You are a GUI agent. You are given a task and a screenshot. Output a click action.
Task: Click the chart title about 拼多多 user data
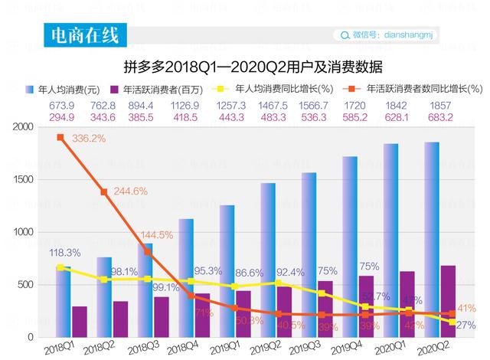coord(253,65)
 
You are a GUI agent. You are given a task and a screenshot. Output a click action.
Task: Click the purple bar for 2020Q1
coord(408,304)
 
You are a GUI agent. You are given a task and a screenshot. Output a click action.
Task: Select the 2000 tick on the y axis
coord(23,126)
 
